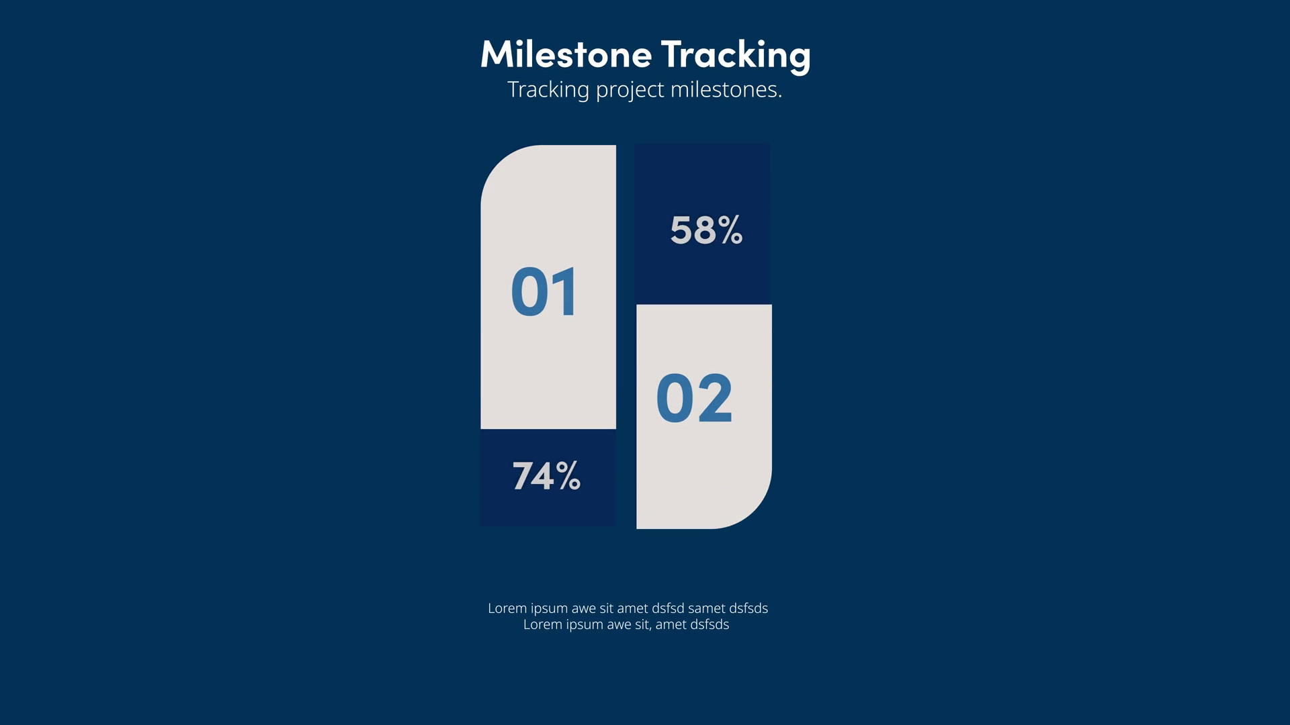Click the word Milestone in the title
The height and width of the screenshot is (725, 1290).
pyautogui.click(x=566, y=54)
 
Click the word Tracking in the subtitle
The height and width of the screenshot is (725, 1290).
pyautogui.click(x=548, y=90)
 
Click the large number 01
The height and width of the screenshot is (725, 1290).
pyautogui.click(x=544, y=291)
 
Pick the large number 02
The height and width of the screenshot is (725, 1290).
pyautogui.click(x=694, y=398)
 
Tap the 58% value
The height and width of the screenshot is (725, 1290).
pyautogui.click(x=706, y=230)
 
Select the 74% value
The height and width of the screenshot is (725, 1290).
pyautogui.click(x=546, y=476)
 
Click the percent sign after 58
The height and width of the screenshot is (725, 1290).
pyautogui.click(x=730, y=230)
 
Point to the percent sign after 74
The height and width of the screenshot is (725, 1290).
pyautogui.click(x=568, y=476)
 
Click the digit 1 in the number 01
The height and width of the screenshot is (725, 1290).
pyautogui.click(x=565, y=291)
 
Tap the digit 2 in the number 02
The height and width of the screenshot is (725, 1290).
pyautogui.click(x=715, y=398)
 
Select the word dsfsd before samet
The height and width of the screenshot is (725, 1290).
pyautogui.click(x=668, y=608)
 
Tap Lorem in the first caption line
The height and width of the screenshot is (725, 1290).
pyautogui.click(x=507, y=608)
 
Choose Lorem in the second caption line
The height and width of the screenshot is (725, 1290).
pyautogui.click(x=543, y=624)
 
